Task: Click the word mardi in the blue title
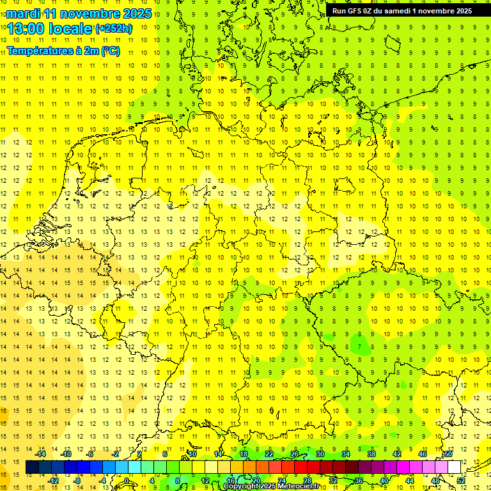24,13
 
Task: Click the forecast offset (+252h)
114,29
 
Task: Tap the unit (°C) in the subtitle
110,51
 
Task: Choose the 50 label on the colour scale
448,454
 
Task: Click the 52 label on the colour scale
461,481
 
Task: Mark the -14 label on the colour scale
41,454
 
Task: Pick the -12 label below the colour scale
54,481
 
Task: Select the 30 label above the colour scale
320,454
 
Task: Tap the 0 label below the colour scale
127,481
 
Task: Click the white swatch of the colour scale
455,467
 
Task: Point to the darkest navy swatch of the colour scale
32,467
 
